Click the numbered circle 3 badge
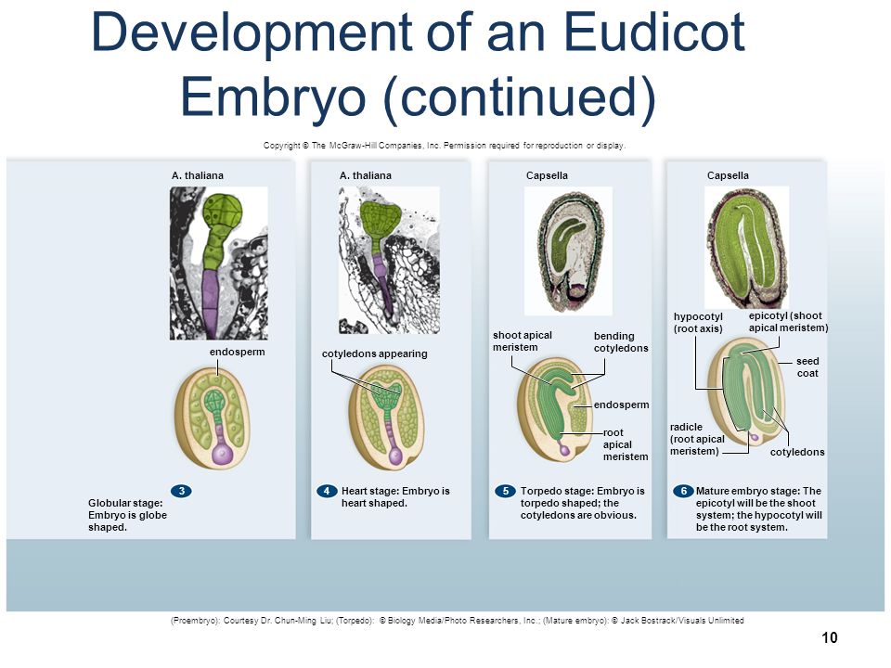(x=181, y=491)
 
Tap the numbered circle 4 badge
(x=327, y=491)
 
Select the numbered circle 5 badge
(x=505, y=491)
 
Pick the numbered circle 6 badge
(x=684, y=491)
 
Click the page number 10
(x=830, y=638)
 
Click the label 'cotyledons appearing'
(x=374, y=353)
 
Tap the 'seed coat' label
(x=807, y=367)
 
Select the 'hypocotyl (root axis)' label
(x=698, y=323)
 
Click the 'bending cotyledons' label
(x=621, y=342)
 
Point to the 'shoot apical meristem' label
(x=523, y=341)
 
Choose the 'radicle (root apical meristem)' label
(x=697, y=439)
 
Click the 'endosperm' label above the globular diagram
(x=237, y=353)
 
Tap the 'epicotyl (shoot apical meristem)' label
(x=788, y=322)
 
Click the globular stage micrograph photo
(x=219, y=263)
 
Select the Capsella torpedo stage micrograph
(x=568, y=251)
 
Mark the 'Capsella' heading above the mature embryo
(x=728, y=175)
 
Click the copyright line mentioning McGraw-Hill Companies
(x=445, y=146)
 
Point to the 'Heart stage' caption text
(x=395, y=497)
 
